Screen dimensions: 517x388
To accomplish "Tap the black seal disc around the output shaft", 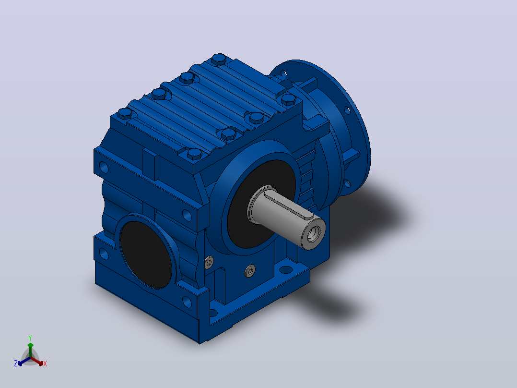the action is [260, 204].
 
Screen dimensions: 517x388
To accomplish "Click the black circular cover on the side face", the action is [146, 255].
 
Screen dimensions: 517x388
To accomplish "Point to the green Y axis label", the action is [30, 338].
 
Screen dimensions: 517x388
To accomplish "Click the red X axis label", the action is [45, 364].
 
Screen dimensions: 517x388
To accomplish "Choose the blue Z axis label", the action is [15, 364].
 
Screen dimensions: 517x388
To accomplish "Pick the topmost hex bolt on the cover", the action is [219, 60].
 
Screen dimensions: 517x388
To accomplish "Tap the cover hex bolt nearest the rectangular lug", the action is [194, 154].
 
